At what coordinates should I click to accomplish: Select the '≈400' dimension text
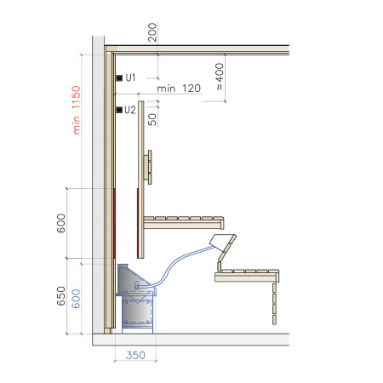pos(219,76)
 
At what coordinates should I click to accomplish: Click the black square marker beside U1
pos(118,77)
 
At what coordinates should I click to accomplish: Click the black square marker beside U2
pos(118,110)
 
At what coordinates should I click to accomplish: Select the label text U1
pos(130,77)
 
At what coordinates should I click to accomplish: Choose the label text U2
pos(130,110)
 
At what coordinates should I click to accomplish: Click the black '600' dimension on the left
pos(60,223)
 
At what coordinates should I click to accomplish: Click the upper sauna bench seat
pos(184,222)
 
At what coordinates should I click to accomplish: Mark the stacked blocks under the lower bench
pos(274,304)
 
